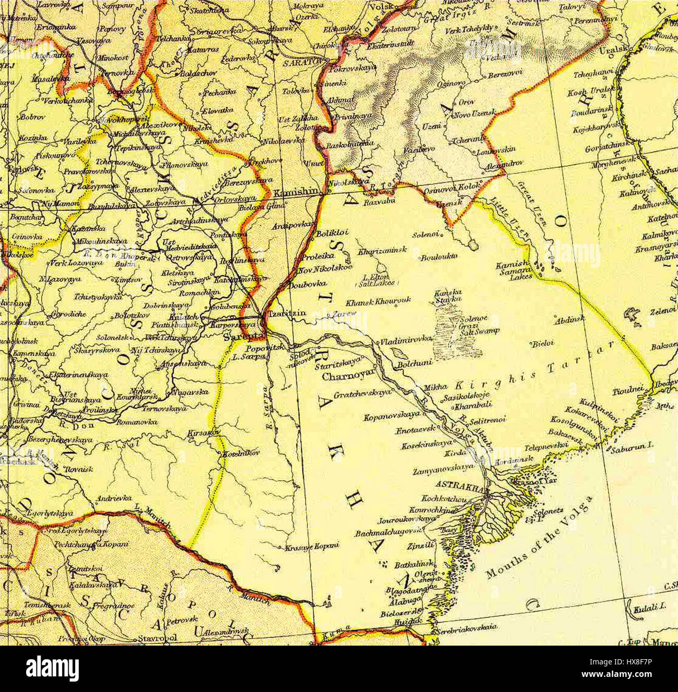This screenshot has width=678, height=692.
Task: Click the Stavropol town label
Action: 157,637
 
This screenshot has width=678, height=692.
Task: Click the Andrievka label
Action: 113,498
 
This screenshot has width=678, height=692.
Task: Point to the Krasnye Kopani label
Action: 312,546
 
